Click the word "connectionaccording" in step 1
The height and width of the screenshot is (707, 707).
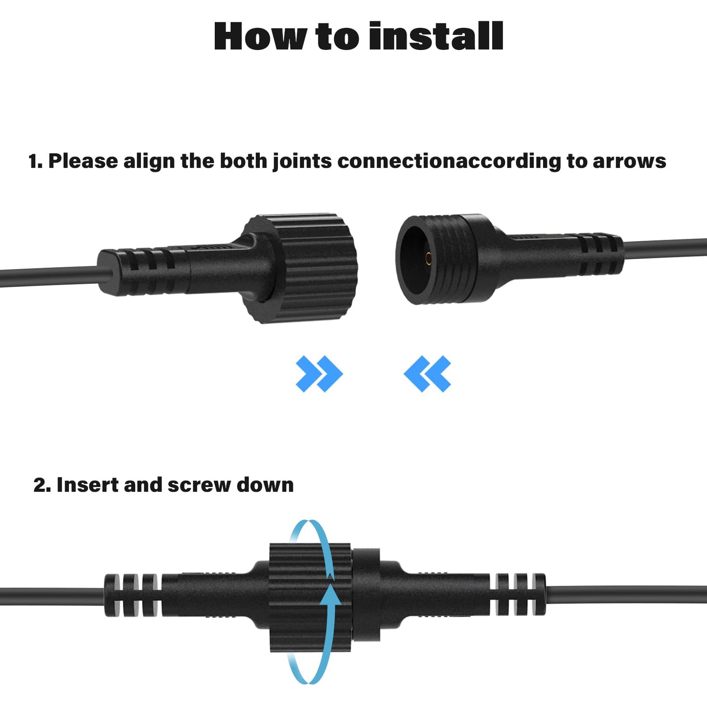pyautogui.click(x=450, y=161)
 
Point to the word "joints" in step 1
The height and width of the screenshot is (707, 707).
pyautogui.click(x=302, y=161)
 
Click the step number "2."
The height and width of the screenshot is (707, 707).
pyautogui.click(x=42, y=485)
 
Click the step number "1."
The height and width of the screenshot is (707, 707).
pyautogui.click(x=35, y=161)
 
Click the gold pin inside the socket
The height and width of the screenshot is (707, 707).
pyautogui.click(x=428, y=259)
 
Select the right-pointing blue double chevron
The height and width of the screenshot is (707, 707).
pyautogui.click(x=319, y=373)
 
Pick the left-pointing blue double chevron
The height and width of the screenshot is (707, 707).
pyautogui.click(x=427, y=373)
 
